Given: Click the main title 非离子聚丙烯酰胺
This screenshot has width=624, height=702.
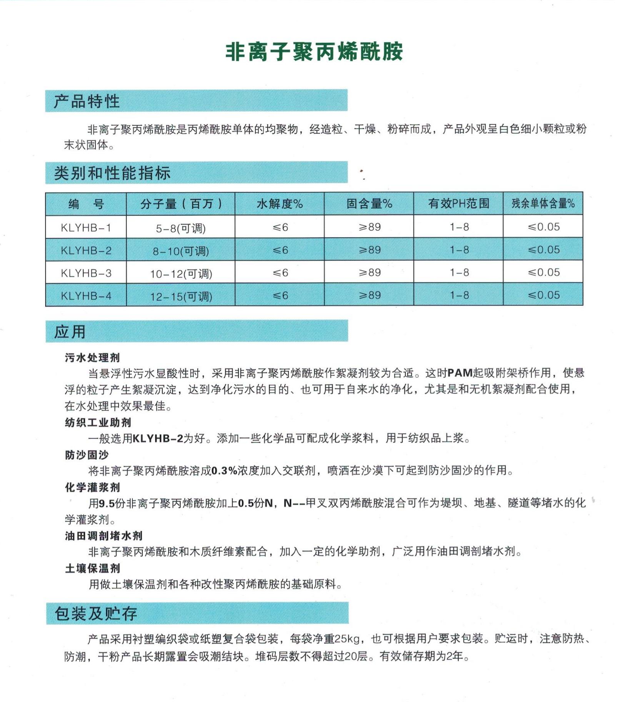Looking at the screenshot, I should point(314,52).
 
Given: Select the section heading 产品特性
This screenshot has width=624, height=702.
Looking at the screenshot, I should point(87,101).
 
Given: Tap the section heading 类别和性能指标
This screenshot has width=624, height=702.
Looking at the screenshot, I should point(112,173).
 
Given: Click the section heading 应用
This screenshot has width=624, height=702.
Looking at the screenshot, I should point(70,332).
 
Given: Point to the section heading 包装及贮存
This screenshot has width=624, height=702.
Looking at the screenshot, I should point(96,614).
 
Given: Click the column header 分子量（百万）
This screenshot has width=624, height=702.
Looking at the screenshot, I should point(181,203).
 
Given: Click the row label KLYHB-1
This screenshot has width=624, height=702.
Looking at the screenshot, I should point(86,228).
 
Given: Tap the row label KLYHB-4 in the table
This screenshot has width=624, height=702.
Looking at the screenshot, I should point(86,296).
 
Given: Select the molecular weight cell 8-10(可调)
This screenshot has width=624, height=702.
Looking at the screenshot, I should point(181,251).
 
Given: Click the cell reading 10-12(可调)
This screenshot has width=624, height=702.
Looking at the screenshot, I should point(181,274).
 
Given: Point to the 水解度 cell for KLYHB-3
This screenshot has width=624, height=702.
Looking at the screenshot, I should point(280,273).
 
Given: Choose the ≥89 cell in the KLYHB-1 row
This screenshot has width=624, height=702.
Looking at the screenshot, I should point(369,227).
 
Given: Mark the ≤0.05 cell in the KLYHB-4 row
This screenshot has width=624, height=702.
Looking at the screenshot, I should point(543,295).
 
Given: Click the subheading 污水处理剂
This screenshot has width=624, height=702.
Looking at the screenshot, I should point(92,358).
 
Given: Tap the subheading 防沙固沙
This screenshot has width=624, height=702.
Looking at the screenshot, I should point(87,455).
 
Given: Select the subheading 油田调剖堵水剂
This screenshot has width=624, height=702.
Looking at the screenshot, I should point(103,536).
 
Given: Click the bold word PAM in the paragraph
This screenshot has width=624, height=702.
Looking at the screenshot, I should point(460,373).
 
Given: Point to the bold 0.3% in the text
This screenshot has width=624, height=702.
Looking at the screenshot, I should point(225,470).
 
